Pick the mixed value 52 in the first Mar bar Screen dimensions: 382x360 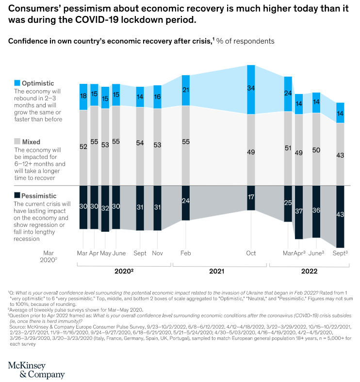83,147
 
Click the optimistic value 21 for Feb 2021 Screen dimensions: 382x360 185,90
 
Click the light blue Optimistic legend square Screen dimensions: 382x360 17,83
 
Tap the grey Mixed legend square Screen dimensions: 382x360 17,142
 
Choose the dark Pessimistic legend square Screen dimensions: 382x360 17,195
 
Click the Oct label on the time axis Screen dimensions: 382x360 251,253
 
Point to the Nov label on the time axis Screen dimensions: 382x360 157,253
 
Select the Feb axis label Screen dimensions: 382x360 185,253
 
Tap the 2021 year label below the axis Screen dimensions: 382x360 220,272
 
